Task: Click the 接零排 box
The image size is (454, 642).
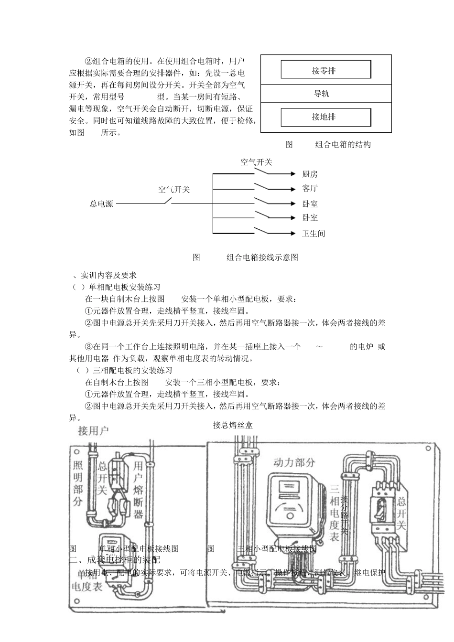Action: click(325, 70)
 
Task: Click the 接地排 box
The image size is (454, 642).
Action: click(325, 117)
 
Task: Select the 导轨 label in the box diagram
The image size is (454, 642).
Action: click(322, 94)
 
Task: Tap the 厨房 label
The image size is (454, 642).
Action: click(310, 174)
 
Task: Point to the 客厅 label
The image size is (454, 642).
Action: click(310, 189)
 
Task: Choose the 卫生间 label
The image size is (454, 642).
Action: click(313, 234)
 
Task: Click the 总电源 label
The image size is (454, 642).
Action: click(102, 204)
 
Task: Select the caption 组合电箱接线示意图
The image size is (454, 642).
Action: click(262, 257)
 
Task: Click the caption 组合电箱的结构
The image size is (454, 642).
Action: click(343, 145)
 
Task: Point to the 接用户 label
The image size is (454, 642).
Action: click(93, 431)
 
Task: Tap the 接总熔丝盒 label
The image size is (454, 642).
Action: click(233, 425)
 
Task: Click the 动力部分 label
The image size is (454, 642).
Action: click(294, 462)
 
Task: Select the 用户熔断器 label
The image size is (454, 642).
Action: click(138, 490)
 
